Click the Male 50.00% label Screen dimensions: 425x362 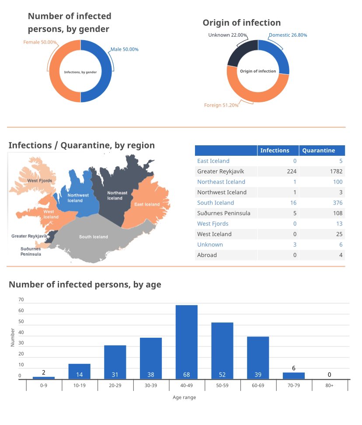coord(124,49)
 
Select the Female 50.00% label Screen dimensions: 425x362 coord(40,42)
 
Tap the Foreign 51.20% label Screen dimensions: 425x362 coord(221,105)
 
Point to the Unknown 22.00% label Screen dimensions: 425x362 coord(227,35)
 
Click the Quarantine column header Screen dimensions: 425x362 coord(318,151)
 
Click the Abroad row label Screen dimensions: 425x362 coord(207,255)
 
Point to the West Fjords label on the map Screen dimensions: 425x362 coord(40,181)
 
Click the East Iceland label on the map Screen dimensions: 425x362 coord(147,205)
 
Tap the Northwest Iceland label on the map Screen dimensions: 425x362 coord(75,198)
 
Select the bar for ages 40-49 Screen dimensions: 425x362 coord(187,342)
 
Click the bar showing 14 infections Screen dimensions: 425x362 coord(79,371)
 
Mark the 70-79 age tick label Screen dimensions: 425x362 coord(294,386)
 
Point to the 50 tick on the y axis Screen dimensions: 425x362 coord(21,322)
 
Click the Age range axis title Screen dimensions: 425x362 coord(184,398)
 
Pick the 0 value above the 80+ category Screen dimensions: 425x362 coord(329,375)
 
